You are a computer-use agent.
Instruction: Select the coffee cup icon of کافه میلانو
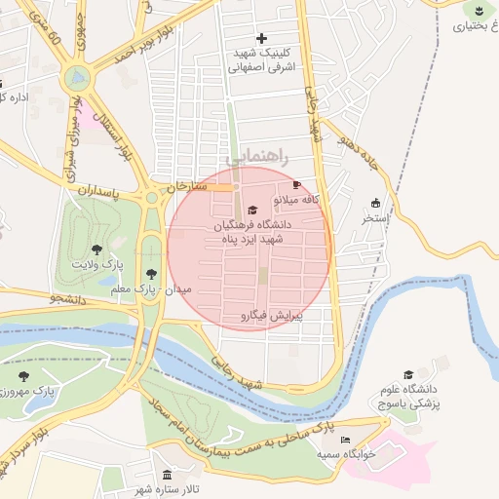point(296,184)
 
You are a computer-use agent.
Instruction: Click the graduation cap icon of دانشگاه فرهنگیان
point(253,211)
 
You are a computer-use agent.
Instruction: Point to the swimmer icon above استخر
point(376,203)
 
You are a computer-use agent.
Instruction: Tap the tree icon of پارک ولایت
point(96,250)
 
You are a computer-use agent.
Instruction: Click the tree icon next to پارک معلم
point(150,275)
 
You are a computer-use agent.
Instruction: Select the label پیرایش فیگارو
point(272,316)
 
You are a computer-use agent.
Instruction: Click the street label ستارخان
point(185,185)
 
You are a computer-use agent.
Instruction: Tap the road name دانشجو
point(64,301)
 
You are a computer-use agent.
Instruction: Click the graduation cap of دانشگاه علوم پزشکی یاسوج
point(409,374)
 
